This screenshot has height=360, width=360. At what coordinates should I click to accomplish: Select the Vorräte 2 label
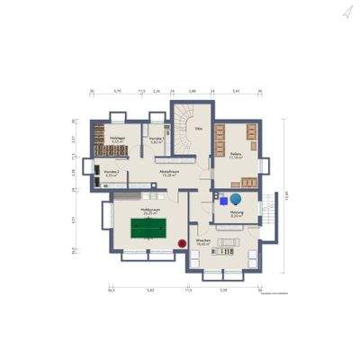pos(112,173)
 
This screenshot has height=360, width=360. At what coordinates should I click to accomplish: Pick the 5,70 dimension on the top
pos(116,91)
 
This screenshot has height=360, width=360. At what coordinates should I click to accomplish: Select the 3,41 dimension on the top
pos(235,91)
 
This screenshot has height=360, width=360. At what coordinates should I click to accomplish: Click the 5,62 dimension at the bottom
pos(150,291)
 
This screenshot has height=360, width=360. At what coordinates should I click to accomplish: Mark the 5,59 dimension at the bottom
pos(223,291)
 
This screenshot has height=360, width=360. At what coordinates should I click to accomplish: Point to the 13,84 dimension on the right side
pos(286,194)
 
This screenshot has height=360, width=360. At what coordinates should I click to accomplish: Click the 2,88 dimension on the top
pos(192,91)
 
